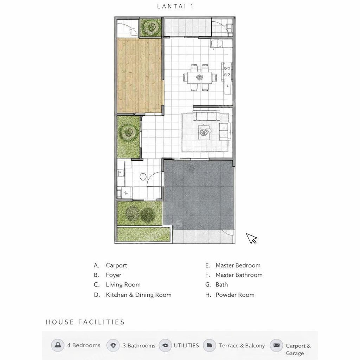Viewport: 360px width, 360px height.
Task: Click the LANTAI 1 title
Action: [x=175, y=6]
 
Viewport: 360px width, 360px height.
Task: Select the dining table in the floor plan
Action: [x=200, y=78]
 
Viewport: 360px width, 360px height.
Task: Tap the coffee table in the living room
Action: [x=204, y=132]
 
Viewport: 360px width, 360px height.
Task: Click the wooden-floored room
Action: [x=139, y=76]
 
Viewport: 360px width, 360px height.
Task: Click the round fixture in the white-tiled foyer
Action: [x=143, y=176]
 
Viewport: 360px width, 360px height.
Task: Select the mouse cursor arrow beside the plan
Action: [x=252, y=239]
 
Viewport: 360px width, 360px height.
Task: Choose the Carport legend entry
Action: [x=110, y=265]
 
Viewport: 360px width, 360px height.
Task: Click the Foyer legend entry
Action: [x=108, y=275]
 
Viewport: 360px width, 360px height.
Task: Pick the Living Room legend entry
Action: [x=117, y=285]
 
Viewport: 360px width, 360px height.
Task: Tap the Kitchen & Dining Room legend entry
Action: [x=133, y=295]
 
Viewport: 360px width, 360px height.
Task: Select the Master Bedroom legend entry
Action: [x=233, y=265]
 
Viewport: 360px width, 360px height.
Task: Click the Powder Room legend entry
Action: [x=230, y=295]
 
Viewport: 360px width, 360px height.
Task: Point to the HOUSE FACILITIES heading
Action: [x=85, y=322]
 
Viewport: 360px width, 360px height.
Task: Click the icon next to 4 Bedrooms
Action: [x=58, y=345]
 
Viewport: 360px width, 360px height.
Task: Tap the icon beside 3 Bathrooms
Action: [x=113, y=345]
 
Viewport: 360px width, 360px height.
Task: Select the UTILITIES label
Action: [x=186, y=345]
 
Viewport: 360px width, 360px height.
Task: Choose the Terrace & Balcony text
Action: [x=242, y=346]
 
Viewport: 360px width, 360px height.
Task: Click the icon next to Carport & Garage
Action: [x=276, y=346]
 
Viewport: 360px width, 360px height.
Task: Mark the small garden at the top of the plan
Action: [x=151, y=27]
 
